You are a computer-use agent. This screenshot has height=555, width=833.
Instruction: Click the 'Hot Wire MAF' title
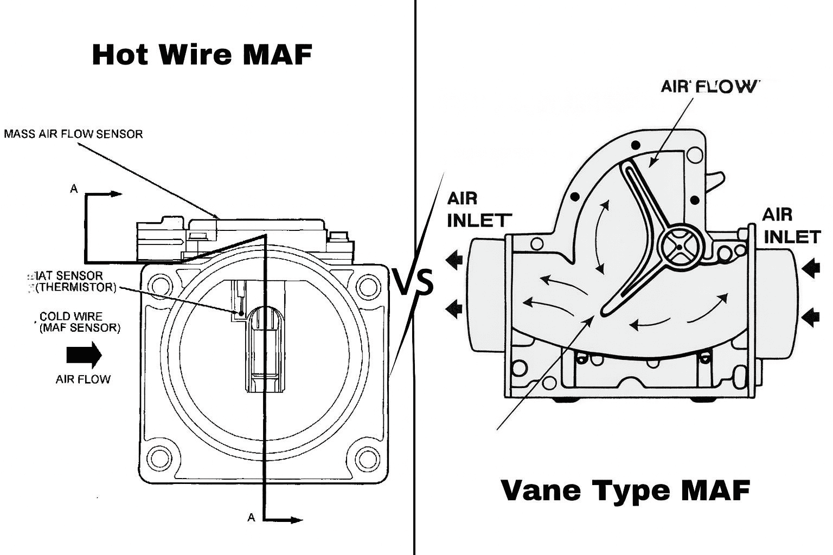point(202,55)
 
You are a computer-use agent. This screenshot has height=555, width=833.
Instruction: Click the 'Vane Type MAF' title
point(625,490)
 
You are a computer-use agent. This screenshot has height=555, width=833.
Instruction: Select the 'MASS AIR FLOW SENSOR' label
point(73,134)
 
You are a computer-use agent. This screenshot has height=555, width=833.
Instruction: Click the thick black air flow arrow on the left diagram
point(84,355)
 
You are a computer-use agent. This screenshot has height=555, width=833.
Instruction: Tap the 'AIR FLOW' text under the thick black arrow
point(83,379)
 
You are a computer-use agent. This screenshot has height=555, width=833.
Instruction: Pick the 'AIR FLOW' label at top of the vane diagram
point(707,87)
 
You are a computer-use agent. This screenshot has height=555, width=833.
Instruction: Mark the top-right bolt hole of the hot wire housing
point(368,286)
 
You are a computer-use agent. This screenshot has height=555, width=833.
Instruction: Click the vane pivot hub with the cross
point(680,247)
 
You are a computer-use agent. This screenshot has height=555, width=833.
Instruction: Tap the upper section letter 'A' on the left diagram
point(74,189)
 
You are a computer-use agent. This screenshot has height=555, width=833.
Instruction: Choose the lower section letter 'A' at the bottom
point(251,518)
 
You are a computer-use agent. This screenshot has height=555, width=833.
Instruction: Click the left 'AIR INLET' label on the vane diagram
point(478,210)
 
